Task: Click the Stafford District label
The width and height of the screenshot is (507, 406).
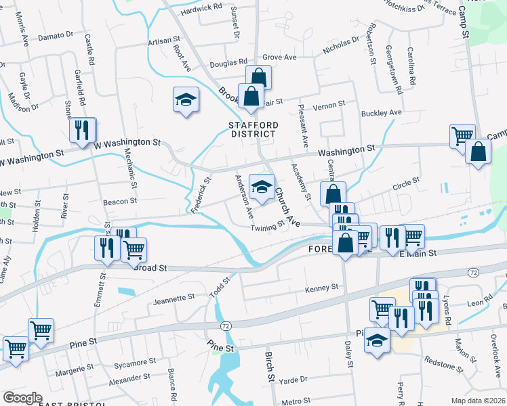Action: pos(253,129)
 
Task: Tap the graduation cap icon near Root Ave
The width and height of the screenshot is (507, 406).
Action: pos(186,101)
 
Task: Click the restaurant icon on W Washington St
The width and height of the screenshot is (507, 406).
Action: pos(83,130)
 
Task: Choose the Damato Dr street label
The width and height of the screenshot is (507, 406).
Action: pos(56,33)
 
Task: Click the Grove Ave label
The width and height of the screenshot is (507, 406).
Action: pos(280,58)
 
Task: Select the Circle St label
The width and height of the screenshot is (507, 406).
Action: pos(407,181)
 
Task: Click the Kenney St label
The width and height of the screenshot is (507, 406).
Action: pos(321,288)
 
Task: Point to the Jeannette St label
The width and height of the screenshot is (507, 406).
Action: pos(174,297)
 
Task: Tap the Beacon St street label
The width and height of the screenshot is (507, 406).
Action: pos(120,201)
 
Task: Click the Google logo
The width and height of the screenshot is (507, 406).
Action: pos(22,398)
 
